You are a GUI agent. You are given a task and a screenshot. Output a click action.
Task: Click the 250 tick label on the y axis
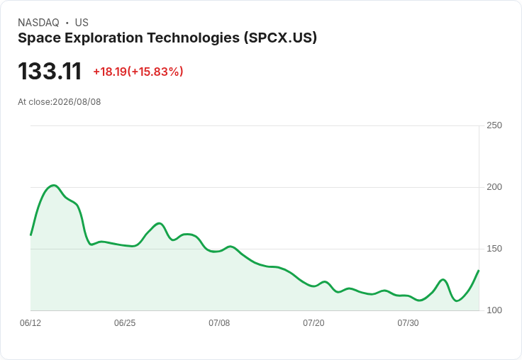point(494,125)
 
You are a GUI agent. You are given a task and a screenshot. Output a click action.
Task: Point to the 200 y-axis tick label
point(494,187)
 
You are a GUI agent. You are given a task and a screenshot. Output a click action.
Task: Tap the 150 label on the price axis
point(494,249)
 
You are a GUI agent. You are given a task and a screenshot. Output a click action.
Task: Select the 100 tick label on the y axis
point(494,310)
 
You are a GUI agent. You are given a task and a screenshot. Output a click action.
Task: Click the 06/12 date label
point(30,323)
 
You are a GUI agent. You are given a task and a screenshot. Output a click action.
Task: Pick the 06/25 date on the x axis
point(125,323)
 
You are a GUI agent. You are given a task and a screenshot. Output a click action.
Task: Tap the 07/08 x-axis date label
point(219,323)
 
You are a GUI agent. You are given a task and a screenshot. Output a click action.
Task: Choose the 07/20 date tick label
point(313,323)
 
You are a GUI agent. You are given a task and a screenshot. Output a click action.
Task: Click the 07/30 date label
point(408,323)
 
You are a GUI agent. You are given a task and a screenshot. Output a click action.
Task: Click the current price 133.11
point(50,71)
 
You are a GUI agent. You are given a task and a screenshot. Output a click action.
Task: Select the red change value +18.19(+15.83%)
point(138,72)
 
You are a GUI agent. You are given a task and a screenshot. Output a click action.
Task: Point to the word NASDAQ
point(38,23)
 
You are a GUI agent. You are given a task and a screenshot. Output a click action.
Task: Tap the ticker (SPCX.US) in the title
point(280,38)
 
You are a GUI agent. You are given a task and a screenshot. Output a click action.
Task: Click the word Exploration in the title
point(104,38)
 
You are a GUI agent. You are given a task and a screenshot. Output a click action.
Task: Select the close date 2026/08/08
point(77,102)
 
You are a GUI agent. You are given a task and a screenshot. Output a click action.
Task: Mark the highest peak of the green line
point(54,186)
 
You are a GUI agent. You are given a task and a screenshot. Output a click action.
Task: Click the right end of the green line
point(479,271)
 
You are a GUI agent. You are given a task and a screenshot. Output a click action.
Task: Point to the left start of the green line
point(30,235)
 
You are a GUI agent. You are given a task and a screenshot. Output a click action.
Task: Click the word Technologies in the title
point(194,38)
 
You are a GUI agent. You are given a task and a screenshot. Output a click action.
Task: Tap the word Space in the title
point(40,38)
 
